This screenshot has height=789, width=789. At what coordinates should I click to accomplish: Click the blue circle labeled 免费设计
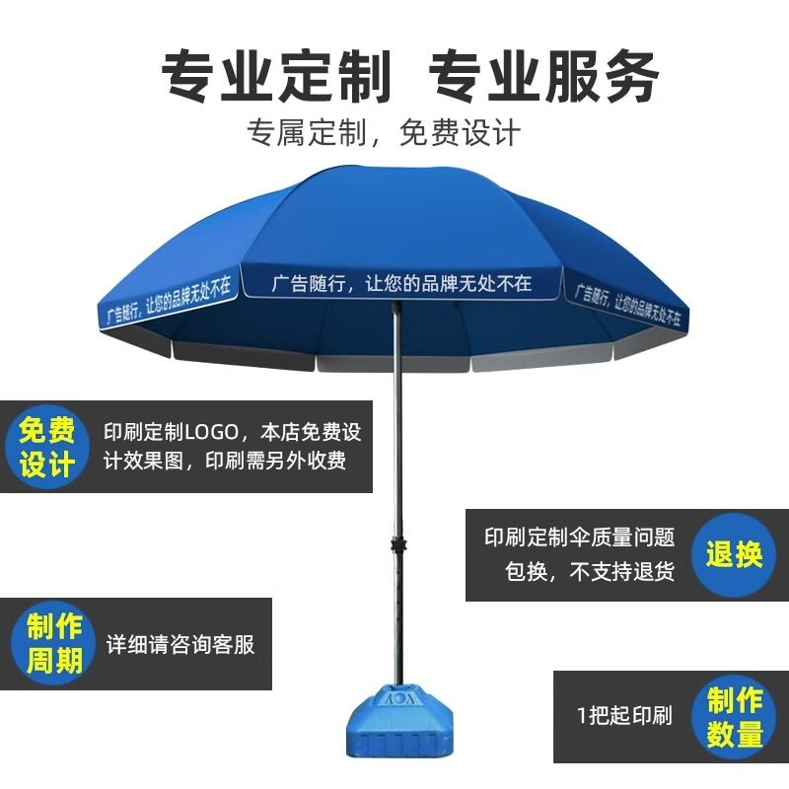(x=47, y=447)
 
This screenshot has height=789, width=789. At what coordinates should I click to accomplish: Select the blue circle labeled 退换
(x=734, y=553)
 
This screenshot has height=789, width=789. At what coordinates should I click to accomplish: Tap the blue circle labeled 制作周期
(x=54, y=643)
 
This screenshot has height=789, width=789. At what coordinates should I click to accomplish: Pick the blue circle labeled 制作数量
(x=735, y=717)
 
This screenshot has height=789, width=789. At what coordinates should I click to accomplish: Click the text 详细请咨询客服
(x=180, y=645)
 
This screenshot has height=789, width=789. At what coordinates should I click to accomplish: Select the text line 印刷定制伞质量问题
(x=580, y=538)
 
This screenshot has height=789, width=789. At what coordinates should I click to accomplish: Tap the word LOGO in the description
(x=208, y=432)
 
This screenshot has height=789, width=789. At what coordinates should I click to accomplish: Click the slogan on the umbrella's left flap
(x=169, y=300)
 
